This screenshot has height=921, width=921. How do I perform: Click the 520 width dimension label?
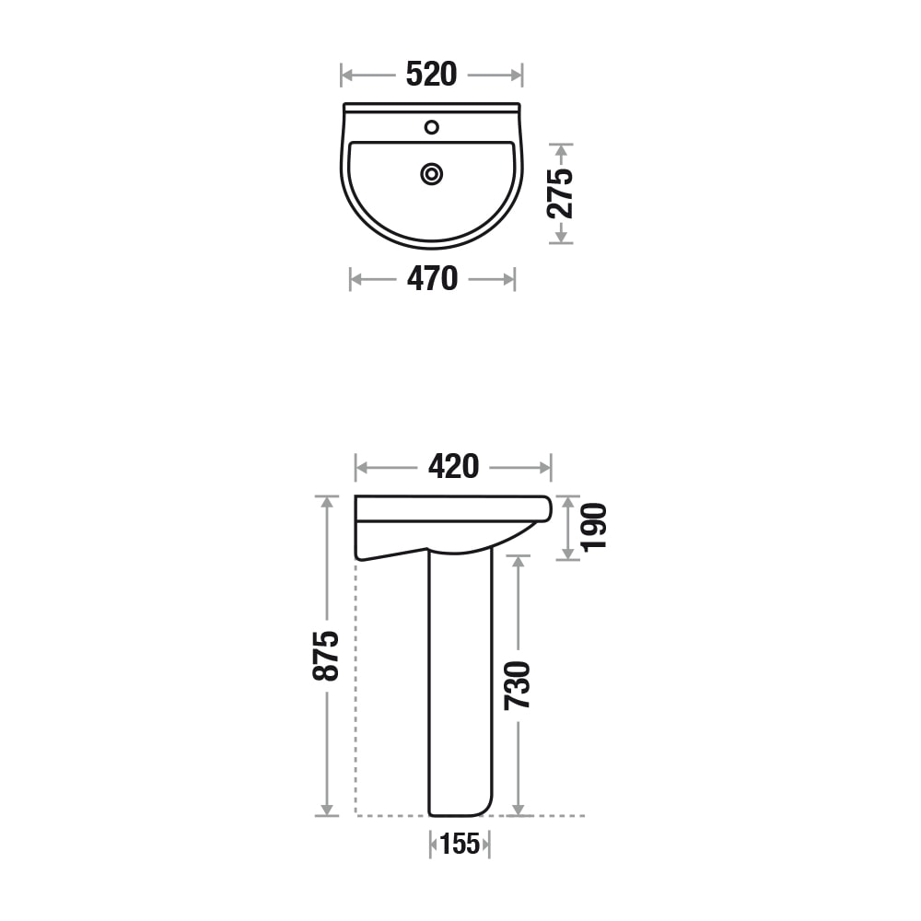(x=431, y=75)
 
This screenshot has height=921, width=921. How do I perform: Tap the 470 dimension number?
(x=432, y=279)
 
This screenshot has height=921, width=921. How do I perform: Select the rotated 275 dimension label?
(x=560, y=193)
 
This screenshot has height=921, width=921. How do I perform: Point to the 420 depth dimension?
(x=453, y=468)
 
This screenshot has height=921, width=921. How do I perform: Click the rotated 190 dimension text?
(x=593, y=527)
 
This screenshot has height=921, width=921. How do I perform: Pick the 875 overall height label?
(x=326, y=656)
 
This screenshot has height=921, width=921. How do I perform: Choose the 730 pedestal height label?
(x=518, y=685)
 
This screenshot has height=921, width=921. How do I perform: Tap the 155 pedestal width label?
(x=460, y=844)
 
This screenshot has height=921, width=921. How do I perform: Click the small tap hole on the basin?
(x=432, y=127)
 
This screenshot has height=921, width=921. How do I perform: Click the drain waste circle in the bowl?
(x=432, y=174)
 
